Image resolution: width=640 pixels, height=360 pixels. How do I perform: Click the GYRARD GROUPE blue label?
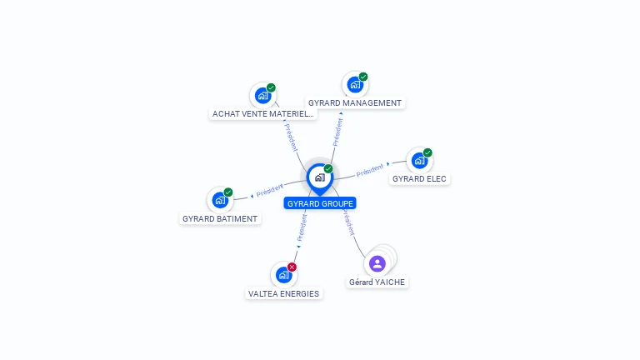pyautogui.click(x=320, y=203)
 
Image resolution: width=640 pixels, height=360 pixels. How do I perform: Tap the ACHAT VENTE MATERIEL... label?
pyautogui.click(x=263, y=113)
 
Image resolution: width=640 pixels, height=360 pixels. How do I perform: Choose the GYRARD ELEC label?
pyautogui.click(x=419, y=178)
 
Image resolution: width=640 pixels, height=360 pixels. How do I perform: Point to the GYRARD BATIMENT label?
pyautogui.click(x=220, y=218)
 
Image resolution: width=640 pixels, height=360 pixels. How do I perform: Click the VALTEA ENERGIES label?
pyautogui.click(x=284, y=293)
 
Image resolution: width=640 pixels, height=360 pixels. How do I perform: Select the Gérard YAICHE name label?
pyautogui.click(x=377, y=282)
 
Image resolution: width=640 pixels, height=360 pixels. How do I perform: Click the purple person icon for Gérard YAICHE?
pyautogui.click(x=377, y=263)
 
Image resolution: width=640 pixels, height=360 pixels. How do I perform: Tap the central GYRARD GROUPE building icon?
pyautogui.click(x=319, y=177)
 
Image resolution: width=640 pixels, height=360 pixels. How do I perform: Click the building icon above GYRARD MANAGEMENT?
pyautogui.click(x=355, y=85)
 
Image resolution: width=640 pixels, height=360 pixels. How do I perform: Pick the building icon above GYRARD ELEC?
pyautogui.click(x=419, y=160)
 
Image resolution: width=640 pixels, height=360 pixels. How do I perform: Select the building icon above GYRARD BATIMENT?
pyautogui.click(x=220, y=200)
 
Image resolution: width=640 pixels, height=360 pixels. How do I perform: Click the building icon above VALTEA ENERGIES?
pyautogui.click(x=283, y=274)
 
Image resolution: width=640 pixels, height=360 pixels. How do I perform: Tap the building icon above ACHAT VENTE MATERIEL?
pyautogui.click(x=262, y=95)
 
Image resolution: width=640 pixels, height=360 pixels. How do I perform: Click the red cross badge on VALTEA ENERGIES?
pyautogui.click(x=292, y=267)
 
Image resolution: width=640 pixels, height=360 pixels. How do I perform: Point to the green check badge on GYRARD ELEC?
pyautogui.click(x=427, y=152)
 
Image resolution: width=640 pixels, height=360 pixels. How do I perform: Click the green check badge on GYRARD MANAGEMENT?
pyautogui.click(x=363, y=77)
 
